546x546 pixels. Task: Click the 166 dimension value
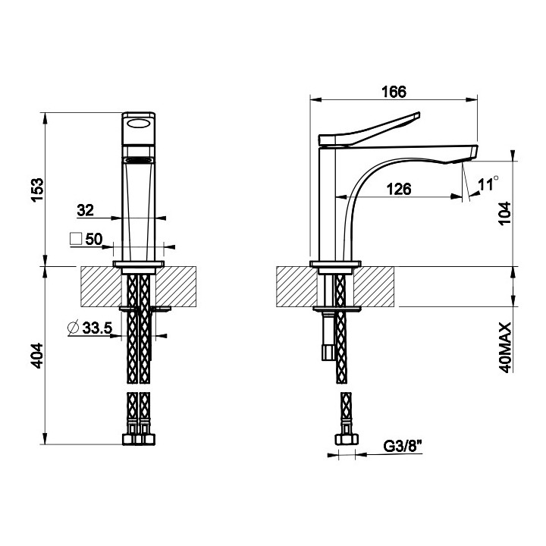click(394, 91)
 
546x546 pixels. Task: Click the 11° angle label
click(489, 183)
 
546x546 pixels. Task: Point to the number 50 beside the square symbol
click(94, 239)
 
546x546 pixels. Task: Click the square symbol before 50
click(76, 239)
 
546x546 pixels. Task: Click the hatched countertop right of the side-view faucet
click(375, 287)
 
